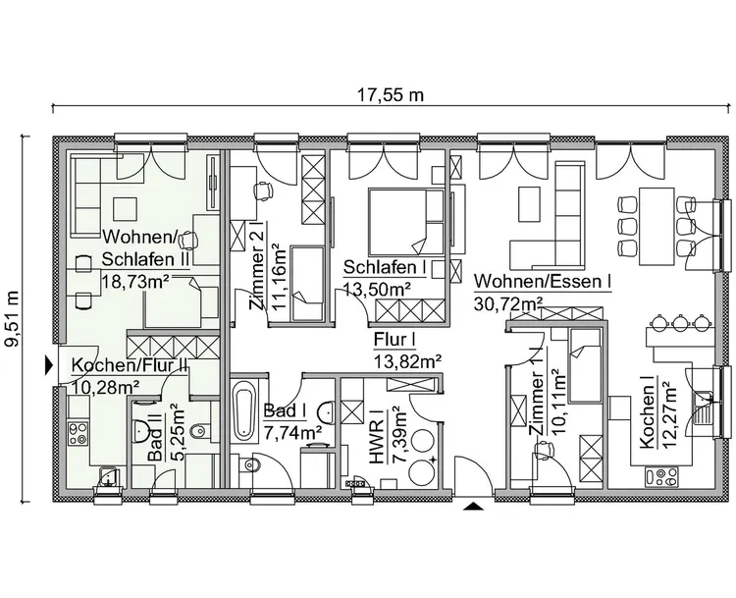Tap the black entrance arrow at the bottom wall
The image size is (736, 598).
point(473,507)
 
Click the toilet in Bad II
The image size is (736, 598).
point(198,428)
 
